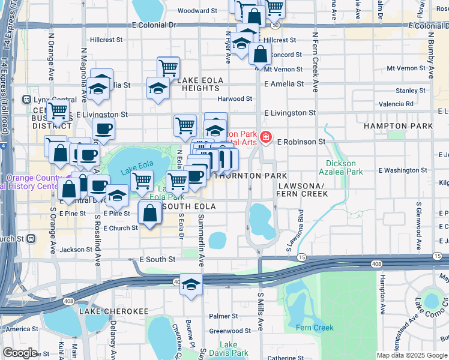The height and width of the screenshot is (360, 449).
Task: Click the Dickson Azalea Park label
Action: [x=345, y=167]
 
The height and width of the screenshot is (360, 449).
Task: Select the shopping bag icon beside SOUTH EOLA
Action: [x=149, y=213]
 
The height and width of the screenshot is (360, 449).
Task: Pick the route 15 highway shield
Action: [x=301, y=257]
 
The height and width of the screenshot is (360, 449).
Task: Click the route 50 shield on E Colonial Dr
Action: [x=274, y=26]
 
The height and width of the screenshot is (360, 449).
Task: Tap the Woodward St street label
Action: [x=197, y=11]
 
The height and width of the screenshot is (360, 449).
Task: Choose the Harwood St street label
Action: [x=235, y=98]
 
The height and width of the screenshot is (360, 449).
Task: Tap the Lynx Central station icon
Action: [x=26, y=99]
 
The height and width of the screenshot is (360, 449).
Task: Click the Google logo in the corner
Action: [x=20, y=352]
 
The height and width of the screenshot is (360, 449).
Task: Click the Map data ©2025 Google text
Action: [x=411, y=355]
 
